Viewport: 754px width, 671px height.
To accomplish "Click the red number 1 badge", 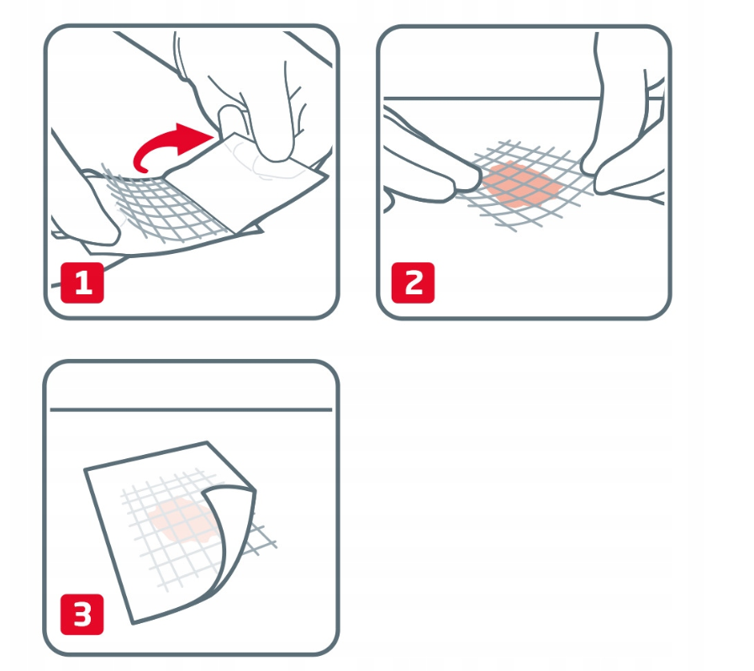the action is click(x=82, y=283).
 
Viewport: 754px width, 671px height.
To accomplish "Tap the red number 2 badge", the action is click(x=413, y=283).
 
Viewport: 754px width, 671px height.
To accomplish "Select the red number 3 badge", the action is click(x=82, y=614).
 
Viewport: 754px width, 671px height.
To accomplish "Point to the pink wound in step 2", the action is click(x=521, y=185).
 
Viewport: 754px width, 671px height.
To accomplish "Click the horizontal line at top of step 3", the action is click(x=191, y=409).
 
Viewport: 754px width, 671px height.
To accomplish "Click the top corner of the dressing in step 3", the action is click(x=208, y=442).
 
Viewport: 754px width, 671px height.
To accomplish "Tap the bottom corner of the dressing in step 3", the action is click(x=133, y=623).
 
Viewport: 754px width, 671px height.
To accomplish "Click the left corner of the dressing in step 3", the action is click(x=85, y=469).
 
